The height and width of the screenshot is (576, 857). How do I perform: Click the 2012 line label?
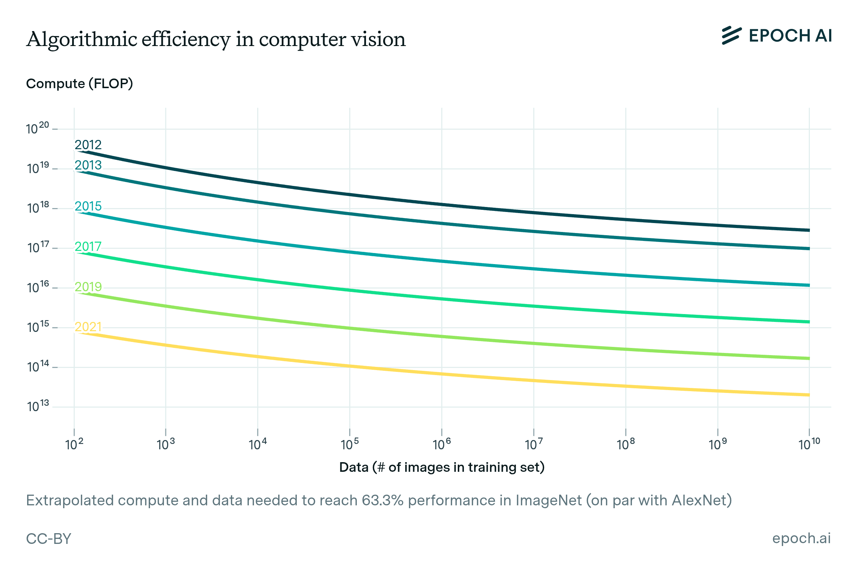click(x=88, y=145)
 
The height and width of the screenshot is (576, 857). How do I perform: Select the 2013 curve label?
click(x=88, y=165)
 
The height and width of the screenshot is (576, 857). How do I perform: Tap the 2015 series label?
click(x=88, y=206)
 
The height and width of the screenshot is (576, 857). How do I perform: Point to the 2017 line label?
click(x=88, y=247)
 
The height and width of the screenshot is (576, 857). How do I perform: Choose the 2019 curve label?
click(x=88, y=287)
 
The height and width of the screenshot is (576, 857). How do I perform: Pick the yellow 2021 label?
click(x=88, y=327)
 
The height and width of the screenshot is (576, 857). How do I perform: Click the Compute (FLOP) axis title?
click(x=79, y=84)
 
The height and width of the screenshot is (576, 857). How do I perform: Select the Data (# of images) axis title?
click(x=442, y=467)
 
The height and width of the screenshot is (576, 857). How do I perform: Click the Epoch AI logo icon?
click(x=731, y=36)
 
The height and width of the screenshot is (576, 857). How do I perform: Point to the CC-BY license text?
click(x=49, y=539)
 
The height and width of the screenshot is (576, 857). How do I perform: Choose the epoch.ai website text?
click(x=801, y=538)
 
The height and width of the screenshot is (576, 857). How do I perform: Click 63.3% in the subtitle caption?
click(x=382, y=500)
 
